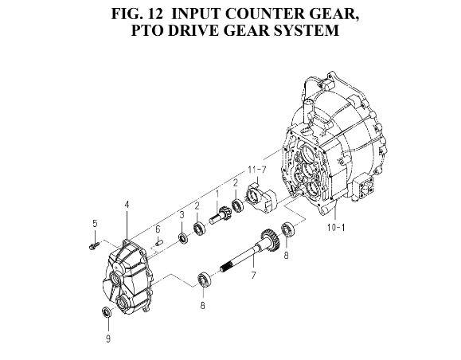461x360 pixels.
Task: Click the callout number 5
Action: [x=95, y=224]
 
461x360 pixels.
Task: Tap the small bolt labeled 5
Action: [x=94, y=245]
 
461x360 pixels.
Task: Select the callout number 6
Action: [x=158, y=229]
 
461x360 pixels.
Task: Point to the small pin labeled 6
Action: [x=159, y=243]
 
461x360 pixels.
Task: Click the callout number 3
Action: [x=182, y=215]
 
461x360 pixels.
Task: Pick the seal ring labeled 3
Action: [x=183, y=238]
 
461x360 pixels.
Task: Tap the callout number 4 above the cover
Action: [x=127, y=205]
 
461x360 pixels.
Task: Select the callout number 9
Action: [x=108, y=338]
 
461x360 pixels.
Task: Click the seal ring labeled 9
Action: [x=106, y=311]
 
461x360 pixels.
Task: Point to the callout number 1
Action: [x=218, y=194]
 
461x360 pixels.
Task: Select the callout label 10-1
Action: [x=336, y=227]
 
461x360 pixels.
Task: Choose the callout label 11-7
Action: [x=257, y=170]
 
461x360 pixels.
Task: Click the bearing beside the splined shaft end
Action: [x=203, y=280]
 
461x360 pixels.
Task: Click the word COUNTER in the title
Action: [x=265, y=14]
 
